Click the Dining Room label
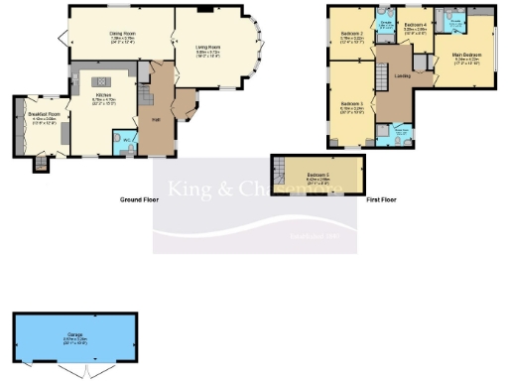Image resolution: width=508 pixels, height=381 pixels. pyautogui.click(x=122, y=33)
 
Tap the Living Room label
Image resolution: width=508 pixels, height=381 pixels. pyautogui.click(x=207, y=47)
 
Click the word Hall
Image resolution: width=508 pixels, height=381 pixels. pyautogui.click(x=156, y=119)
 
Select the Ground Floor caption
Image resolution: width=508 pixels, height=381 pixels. pyautogui.click(x=139, y=199)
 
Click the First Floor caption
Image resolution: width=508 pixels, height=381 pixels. pyautogui.click(x=380, y=199)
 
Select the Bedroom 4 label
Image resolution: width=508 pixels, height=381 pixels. pyautogui.click(x=416, y=23)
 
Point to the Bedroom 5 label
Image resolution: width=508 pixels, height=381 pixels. pyautogui.click(x=318, y=176)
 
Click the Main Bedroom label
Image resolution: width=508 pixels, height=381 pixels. pyautogui.click(x=466, y=54)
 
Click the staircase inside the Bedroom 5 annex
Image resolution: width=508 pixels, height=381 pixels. pyautogui.click(x=282, y=172)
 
